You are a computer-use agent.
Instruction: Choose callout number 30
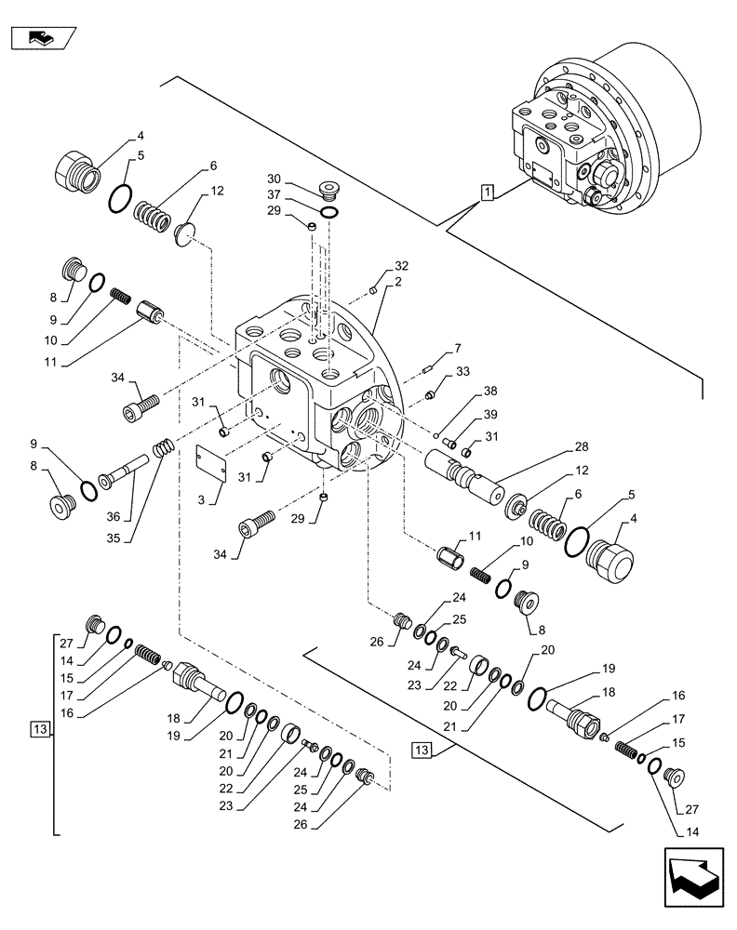pyautogui.click(x=274, y=178)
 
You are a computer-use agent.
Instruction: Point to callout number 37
pyautogui.click(x=274, y=193)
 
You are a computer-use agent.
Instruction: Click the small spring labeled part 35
pyautogui.click(x=164, y=447)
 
